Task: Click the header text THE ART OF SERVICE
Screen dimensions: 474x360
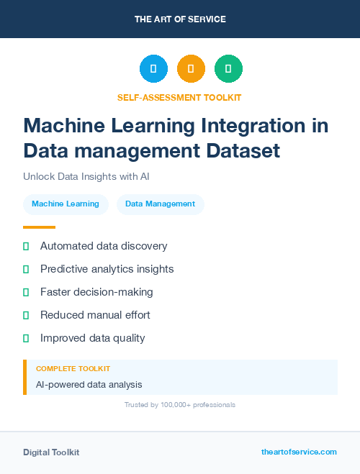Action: tap(180, 19)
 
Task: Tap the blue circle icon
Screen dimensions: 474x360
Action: tap(153, 68)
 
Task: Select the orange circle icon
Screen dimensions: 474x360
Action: tap(191, 68)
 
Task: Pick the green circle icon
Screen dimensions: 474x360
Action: tap(228, 68)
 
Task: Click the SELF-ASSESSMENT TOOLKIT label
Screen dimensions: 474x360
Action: tap(180, 97)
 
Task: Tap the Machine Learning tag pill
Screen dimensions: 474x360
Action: tap(66, 204)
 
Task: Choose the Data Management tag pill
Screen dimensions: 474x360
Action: tap(160, 204)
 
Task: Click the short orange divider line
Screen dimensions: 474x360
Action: tap(39, 227)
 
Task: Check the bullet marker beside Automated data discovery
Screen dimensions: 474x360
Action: tap(26, 246)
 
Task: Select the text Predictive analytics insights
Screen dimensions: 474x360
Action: tap(107, 269)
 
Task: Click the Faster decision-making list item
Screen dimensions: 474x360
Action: tap(96, 292)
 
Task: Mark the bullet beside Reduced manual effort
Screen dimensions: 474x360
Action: tap(26, 315)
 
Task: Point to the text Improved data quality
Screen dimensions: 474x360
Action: tap(92, 338)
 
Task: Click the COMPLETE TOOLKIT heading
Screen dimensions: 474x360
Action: tap(73, 368)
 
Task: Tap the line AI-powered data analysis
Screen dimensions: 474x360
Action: tap(89, 385)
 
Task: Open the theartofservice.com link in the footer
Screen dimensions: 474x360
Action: tap(299, 452)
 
